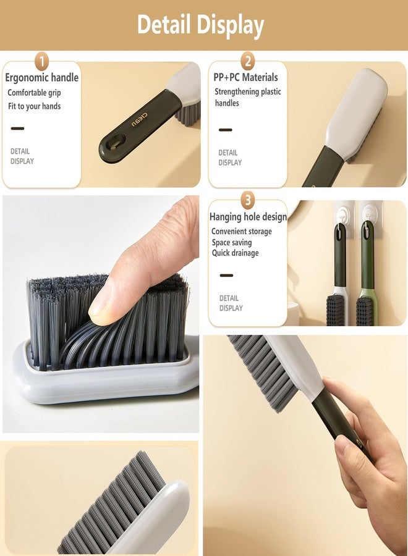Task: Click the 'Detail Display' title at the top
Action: [200, 25]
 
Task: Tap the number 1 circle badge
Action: [42, 61]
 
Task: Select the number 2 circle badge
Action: [248, 61]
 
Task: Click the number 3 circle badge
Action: [248, 200]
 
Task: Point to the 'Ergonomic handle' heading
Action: [42, 78]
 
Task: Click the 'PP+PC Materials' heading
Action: [245, 78]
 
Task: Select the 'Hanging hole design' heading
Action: [248, 217]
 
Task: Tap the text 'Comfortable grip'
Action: [34, 93]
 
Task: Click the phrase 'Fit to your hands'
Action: [34, 106]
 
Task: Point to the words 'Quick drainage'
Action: [235, 253]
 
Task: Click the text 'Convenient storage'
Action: [241, 232]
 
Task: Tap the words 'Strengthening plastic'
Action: [247, 91]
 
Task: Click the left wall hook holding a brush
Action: [340, 213]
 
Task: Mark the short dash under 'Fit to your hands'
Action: [17, 128]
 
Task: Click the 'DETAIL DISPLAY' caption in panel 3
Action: [231, 303]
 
